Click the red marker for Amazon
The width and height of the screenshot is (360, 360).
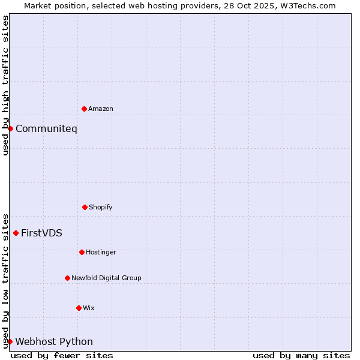tap(84, 109)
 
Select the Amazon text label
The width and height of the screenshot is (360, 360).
tap(101, 109)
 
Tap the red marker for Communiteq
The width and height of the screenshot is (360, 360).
tap(10, 128)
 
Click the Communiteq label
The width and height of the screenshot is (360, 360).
tap(46, 128)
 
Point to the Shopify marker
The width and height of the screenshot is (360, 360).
tap(85, 207)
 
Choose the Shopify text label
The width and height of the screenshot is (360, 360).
tap(101, 207)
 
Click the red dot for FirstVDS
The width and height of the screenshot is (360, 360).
tap(16, 233)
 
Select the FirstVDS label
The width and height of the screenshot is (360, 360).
tap(41, 233)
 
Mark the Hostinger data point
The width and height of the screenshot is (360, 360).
tap(82, 252)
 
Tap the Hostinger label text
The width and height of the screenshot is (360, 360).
tap(101, 252)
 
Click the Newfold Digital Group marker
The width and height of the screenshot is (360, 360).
tap(67, 278)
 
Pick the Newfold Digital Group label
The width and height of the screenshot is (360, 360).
tap(106, 278)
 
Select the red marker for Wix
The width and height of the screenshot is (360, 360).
tap(79, 308)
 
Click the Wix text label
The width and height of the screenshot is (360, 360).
tap(89, 308)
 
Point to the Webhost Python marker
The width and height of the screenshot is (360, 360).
tap(10, 341)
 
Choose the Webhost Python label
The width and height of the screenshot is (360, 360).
tap(54, 341)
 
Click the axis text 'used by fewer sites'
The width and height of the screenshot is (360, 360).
tap(62, 355)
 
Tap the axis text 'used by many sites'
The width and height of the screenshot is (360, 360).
tap(301, 355)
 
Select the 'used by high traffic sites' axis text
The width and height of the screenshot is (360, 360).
tap(5, 85)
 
